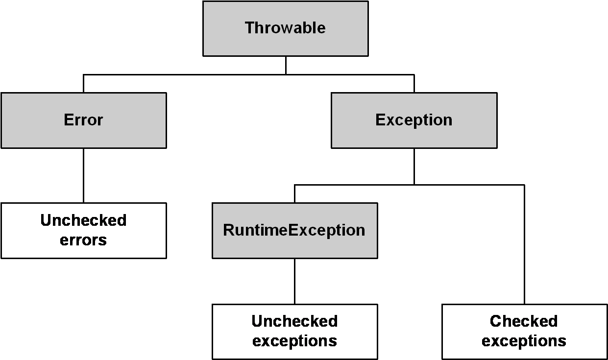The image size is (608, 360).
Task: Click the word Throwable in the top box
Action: click(x=285, y=28)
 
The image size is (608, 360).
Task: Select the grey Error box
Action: click(x=84, y=120)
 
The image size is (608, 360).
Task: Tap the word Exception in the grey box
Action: click(x=414, y=120)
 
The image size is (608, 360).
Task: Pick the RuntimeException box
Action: click(x=295, y=231)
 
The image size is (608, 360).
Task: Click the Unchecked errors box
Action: click(x=84, y=231)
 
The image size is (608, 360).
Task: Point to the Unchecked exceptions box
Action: click(x=295, y=332)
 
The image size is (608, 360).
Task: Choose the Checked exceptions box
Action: click(x=524, y=332)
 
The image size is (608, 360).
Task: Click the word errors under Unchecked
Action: click(x=83, y=240)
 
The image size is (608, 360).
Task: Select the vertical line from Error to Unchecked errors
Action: click(x=84, y=175)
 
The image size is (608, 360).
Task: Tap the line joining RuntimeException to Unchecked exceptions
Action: click(x=295, y=281)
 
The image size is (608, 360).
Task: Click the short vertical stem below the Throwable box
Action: click(x=286, y=65)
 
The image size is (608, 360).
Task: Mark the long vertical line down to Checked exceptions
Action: click(x=524, y=244)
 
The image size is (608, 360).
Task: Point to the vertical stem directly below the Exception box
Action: click(x=414, y=167)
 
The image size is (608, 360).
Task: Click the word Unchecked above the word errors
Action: click(x=83, y=220)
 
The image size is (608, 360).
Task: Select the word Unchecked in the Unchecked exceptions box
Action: click(x=294, y=321)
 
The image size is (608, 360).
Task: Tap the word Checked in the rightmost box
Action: click(x=524, y=321)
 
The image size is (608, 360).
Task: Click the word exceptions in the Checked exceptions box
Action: click(x=524, y=341)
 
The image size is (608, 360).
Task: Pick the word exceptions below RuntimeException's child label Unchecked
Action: click(x=294, y=341)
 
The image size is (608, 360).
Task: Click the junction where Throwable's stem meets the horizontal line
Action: click(x=286, y=74)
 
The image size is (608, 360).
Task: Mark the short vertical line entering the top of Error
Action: click(x=84, y=84)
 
